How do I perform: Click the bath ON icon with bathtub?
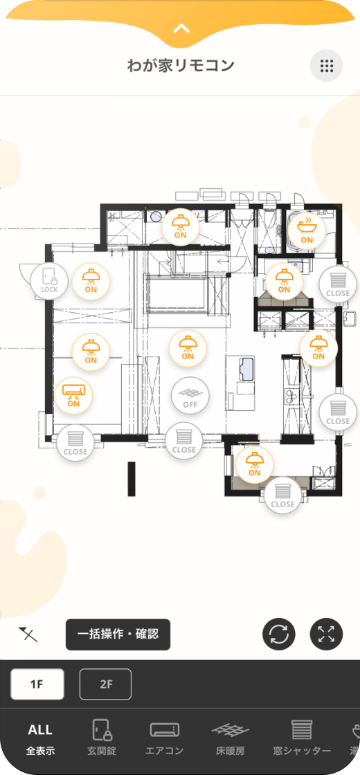pyautogui.click(x=307, y=230)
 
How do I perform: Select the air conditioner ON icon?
pyautogui.click(x=73, y=395)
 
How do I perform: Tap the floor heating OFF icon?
pyautogui.click(x=190, y=396)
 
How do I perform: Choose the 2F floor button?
pyautogui.click(x=105, y=684)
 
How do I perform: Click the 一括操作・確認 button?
pyautogui.click(x=118, y=634)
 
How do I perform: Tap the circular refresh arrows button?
pyautogui.click(x=278, y=634)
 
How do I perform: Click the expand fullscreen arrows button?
pyautogui.click(x=326, y=634)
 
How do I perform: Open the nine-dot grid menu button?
pyautogui.click(x=326, y=65)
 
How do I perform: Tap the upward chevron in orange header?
pyautogui.click(x=181, y=28)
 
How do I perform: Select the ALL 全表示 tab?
pyautogui.click(x=41, y=740)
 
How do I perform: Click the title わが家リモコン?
pyautogui.click(x=181, y=65)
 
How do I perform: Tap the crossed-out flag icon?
pyautogui.click(x=28, y=634)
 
